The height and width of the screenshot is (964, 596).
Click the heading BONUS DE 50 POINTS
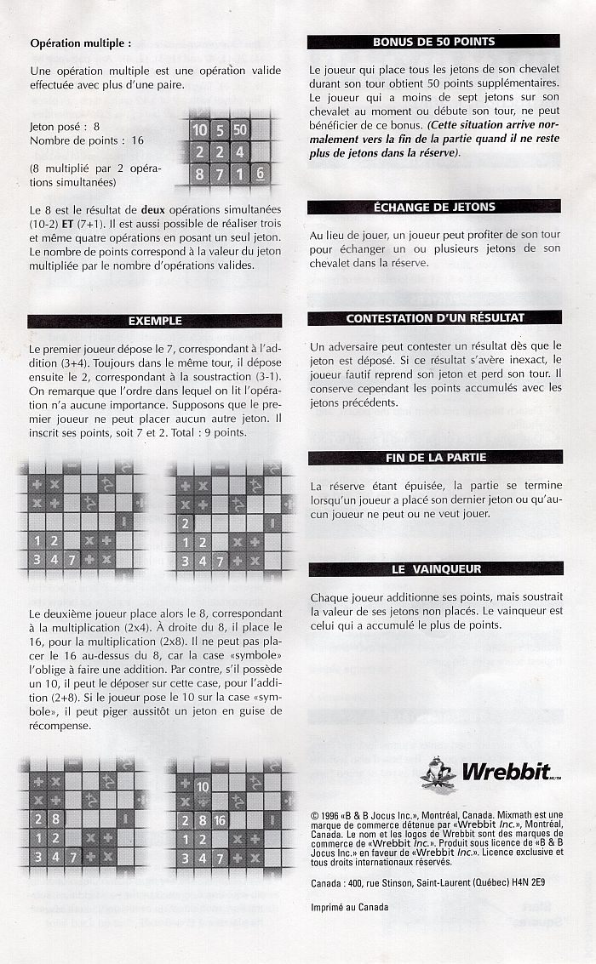(433, 42)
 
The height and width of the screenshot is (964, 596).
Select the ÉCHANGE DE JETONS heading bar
(434, 208)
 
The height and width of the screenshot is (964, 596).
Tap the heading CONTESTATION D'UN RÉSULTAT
(435, 318)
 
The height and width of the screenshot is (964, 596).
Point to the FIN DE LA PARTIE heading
(436, 458)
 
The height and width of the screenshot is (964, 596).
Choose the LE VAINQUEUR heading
(437, 569)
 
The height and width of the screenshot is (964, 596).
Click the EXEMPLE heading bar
(155, 321)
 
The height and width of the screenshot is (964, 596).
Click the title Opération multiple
(81, 43)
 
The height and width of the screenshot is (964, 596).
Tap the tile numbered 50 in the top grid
(240, 129)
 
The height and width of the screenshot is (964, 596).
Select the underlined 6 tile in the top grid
(261, 174)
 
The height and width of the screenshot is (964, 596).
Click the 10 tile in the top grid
(200, 129)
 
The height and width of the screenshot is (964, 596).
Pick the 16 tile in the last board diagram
(220, 820)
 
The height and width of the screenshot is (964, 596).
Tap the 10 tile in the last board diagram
(203, 786)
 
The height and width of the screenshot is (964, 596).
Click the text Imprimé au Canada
(349, 907)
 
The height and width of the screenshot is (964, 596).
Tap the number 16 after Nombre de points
(138, 140)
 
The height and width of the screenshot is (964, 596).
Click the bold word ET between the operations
(67, 224)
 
